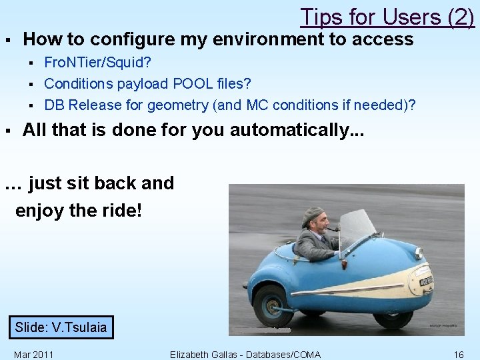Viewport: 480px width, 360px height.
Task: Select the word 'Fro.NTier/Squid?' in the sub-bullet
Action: (x=97, y=62)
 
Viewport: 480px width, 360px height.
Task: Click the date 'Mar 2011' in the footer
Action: (x=33, y=355)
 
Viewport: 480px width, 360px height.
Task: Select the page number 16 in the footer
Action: (x=458, y=355)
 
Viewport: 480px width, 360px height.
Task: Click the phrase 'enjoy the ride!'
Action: (x=78, y=211)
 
